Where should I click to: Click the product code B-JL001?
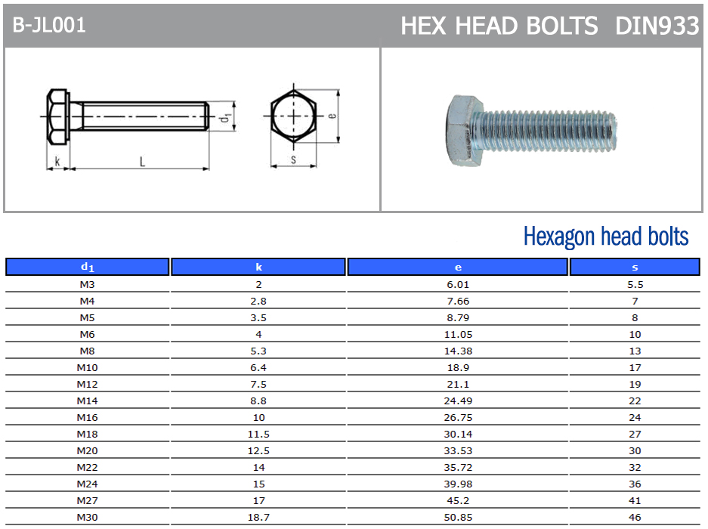pyautogui.click(x=49, y=25)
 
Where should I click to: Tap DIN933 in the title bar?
pyautogui.click(x=657, y=26)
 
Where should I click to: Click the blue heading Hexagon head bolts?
pyautogui.click(x=606, y=237)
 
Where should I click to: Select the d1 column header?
pyautogui.click(x=87, y=267)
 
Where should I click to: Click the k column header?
pyautogui.click(x=258, y=267)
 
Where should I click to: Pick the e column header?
pyautogui.click(x=458, y=267)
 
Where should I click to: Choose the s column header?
pyautogui.click(x=635, y=267)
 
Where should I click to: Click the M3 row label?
pyautogui.click(x=87, y=285)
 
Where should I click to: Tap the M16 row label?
pyautogui.click(x=87, y=417)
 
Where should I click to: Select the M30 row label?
pyautogui.click(x=87, y=517)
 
